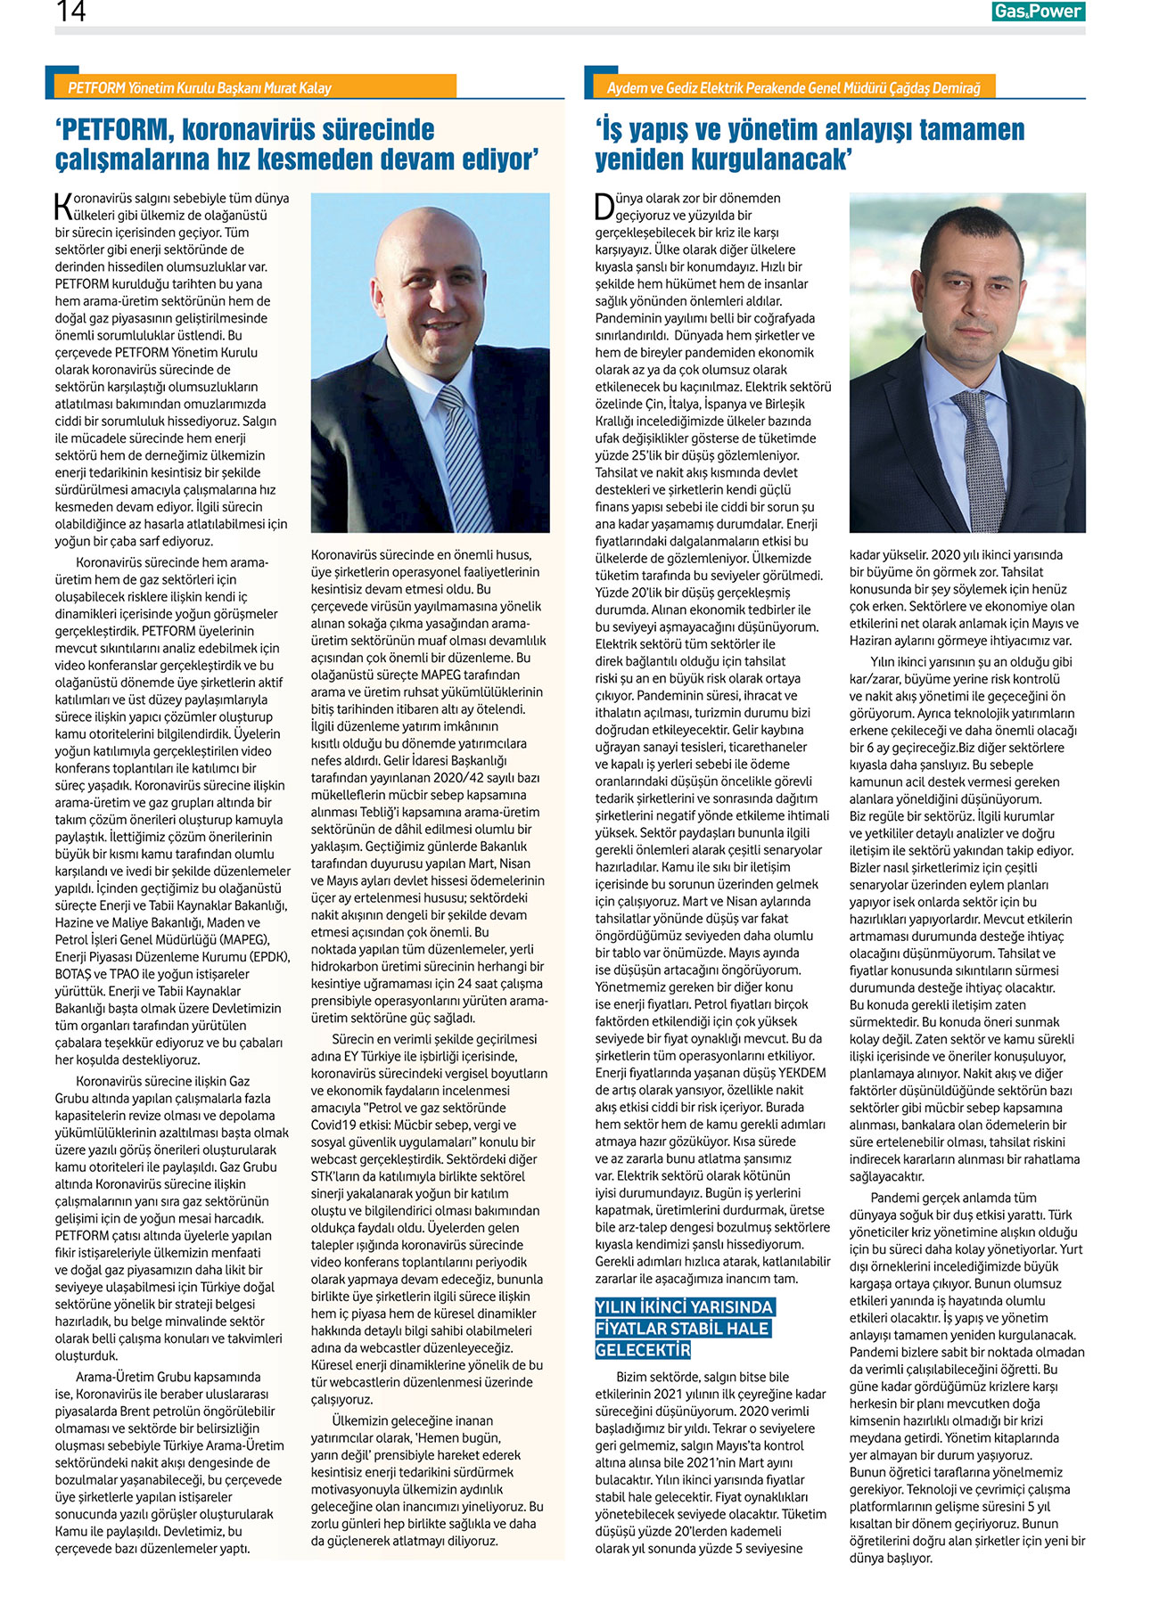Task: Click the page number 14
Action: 70,12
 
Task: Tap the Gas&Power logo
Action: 1038,12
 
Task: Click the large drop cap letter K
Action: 62,205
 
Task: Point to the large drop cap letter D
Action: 604,206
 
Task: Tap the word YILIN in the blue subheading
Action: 619,1307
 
